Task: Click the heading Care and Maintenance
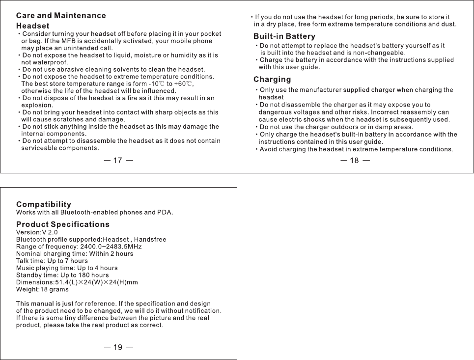pos(61,16)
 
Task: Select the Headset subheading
pos(33,26)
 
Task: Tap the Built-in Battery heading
pos(284,37)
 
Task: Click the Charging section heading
pos(272,80)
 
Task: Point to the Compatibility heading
pos(44,204)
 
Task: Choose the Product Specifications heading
pos(63,224)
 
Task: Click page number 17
pos(118,161)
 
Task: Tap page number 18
pos(355,161)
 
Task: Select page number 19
pos(118,348)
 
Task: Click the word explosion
pos(37,105)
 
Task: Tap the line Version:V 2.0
pos(37,232)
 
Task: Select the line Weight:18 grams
pos(42,289)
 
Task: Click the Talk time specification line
pos(52,261)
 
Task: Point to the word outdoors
pos(333,127)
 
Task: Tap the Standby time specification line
pos(62,275)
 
